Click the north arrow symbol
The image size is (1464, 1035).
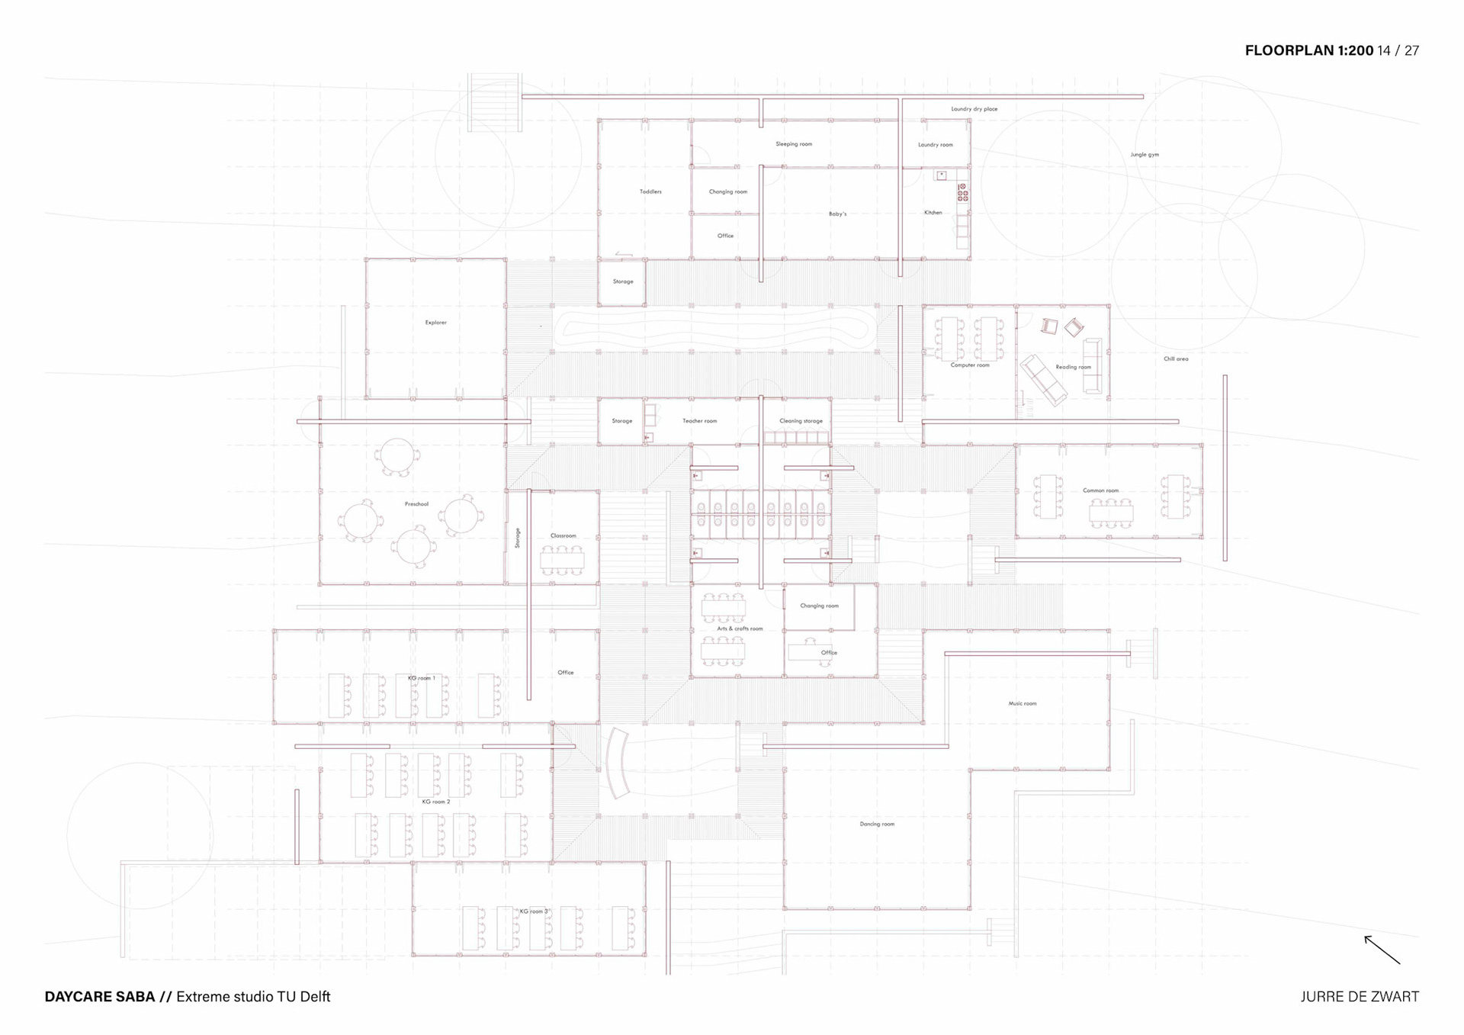(1382, 950)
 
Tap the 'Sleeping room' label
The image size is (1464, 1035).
(794, 144)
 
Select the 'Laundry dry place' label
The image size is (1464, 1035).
(974, 109)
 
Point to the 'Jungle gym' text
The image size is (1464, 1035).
(1144, 155)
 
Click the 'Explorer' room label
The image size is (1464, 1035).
(436, 323)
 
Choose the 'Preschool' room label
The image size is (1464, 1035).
(416, 504)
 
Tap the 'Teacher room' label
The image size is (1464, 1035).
(699, 421)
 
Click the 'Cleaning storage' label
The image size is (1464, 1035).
(801, 421)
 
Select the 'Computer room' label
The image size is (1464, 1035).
(970, 365)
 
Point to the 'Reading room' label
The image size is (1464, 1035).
(1073, 367)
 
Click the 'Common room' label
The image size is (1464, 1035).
(1100, 490)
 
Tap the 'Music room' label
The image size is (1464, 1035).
(1023, 703)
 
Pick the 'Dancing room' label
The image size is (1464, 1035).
(877, 824)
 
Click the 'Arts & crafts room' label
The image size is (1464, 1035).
(740, 628)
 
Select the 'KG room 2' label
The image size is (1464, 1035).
(436, 802)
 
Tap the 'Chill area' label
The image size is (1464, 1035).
(1176, 358)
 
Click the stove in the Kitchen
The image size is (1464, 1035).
(963, 192)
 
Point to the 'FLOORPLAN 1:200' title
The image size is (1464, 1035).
(1308, 50)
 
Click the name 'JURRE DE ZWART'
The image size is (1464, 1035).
(1360, 997)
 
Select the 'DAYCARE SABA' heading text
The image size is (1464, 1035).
(100, 997)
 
